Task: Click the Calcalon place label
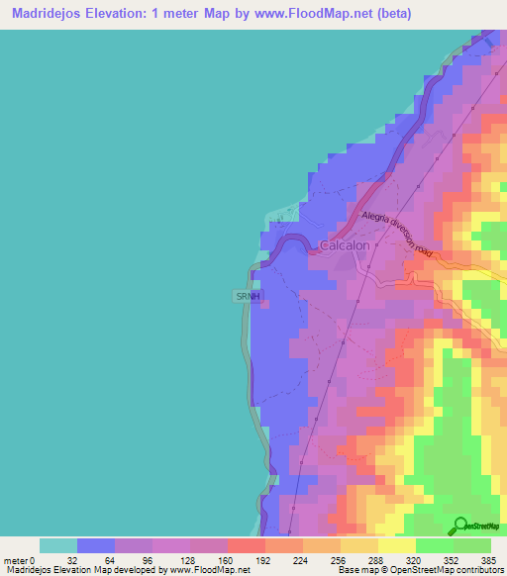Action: [345, 245]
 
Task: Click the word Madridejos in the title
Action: [50, 14]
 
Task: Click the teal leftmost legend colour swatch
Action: [58, 545]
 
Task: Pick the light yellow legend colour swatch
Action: [397, 545]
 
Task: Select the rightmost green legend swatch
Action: [472, 545]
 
